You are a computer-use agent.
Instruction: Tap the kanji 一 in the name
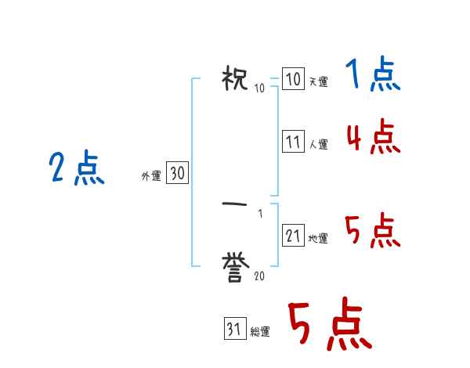[235, 204]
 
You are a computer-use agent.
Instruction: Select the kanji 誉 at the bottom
[235, 268]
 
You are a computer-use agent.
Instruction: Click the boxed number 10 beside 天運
[293, 80]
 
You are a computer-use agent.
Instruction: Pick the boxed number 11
[293, 143]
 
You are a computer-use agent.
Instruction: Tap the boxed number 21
[293, 236]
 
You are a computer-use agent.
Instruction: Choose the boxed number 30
[177, 175]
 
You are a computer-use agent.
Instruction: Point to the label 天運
[318, 81]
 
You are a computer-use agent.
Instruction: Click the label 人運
[318, 144]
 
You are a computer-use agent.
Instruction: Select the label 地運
[318, 238]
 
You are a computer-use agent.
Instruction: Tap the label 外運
[150, 177]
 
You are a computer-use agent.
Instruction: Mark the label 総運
[260, 331]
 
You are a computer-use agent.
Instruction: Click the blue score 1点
[372, 76]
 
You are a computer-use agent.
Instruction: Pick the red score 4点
[372, 138]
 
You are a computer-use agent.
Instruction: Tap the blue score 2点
[76, 168]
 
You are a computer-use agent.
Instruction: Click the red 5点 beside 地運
[372, 232]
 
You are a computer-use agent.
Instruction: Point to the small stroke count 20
[258, 275]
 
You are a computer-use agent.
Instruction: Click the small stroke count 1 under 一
[259, 212]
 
